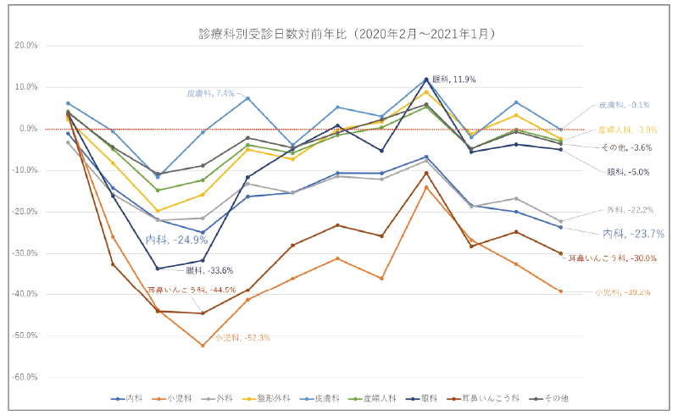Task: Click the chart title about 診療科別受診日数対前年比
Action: click(344, 34)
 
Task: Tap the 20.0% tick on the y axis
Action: click(25, 45)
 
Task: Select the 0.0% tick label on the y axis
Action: click(26, 128)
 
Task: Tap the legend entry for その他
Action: click(555, 398)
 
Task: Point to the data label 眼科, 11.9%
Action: click(454, 79)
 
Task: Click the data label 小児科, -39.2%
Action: click(622, 292)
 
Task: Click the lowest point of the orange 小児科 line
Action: click(203, 346)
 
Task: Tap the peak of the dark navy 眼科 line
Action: click(426, 80)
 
